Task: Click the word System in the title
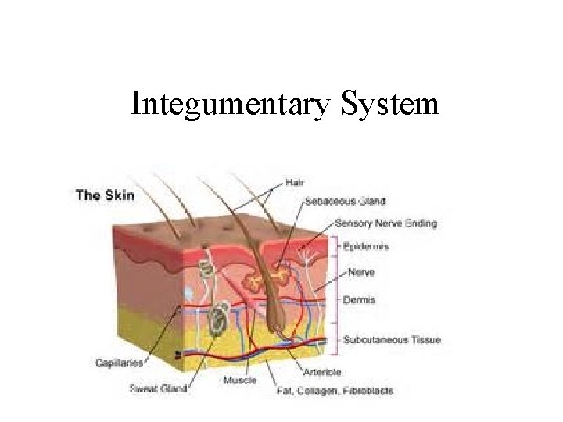coord(390,104)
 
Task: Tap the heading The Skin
coord(105,195)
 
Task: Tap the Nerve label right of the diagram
coord(360,273)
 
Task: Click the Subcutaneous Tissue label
coord(392,340)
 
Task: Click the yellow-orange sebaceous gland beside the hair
coord(255,282)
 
